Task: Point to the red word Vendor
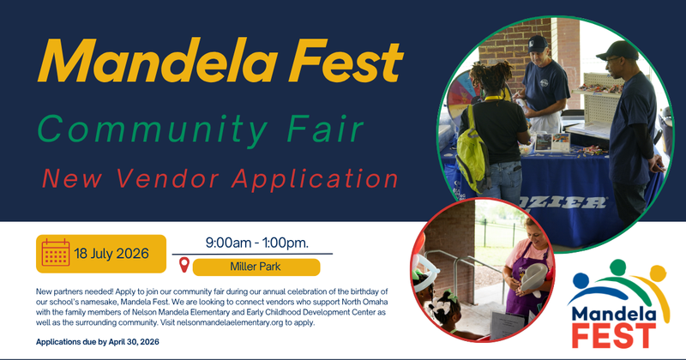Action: pyautogui.click(x=174, y=178)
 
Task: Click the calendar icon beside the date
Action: pyautogui.click(x=56, y=253)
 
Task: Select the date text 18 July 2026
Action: pyautogui.click(x=111, y=253)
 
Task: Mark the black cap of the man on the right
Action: pyautogui.click(x=616, y=49)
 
